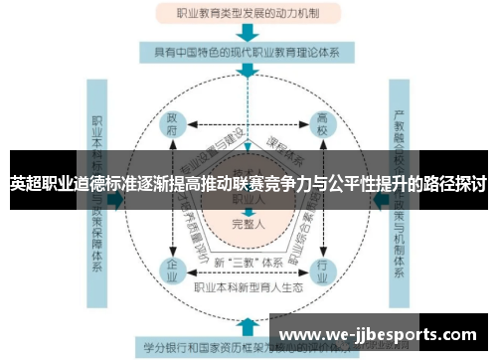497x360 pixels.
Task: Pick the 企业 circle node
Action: coord(172,269)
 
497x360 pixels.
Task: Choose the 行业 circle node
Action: coord(321,269)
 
